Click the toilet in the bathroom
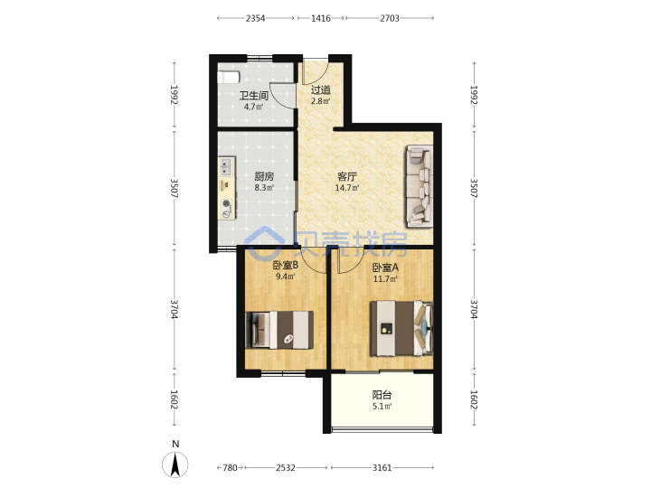(x=229, y=77)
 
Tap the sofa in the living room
(x=420, y=186)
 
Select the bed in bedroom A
(x=401, y=329)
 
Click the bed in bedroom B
(x=279, y=330)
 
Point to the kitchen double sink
(x=225, y=166)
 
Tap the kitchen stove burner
(x=226, y=209)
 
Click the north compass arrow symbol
(x=175, y=465)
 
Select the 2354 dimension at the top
(x=255, y=18)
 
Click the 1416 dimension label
(x=320, y=18)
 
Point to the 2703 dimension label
(x=390, y=18)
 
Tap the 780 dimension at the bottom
(x=230, y=468)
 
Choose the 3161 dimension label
(x=382, y=468)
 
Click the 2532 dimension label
(x=286, y=468)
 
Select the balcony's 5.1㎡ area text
(x=382, y=407)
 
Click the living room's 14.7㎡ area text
(x=346, y=188)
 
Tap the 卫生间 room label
(x=254, y=96)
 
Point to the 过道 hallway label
(x=320, y=89)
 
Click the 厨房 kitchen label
(x=264, y=176)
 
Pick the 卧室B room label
(x=285, y=265)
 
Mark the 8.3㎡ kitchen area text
(x=264, y=188)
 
